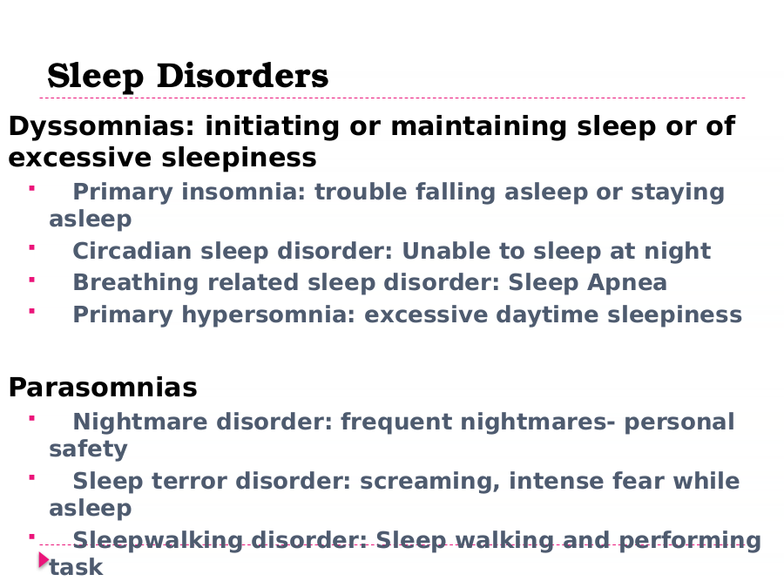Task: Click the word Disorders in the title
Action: tap(242, 76)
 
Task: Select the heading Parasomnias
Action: tap(103, 388)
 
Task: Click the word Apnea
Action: tap(627, 283)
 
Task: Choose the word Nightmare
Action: tap(140, 422)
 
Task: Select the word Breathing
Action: tap(136, 283)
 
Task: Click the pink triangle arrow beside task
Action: tap(44, 560)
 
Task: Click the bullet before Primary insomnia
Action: tap(32, 188)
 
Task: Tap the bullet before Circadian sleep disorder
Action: tap(32, 247)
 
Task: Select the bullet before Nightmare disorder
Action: tap(32, 418)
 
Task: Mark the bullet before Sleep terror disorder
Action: tap(32, 477)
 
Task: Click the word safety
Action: tap(88, 449)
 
